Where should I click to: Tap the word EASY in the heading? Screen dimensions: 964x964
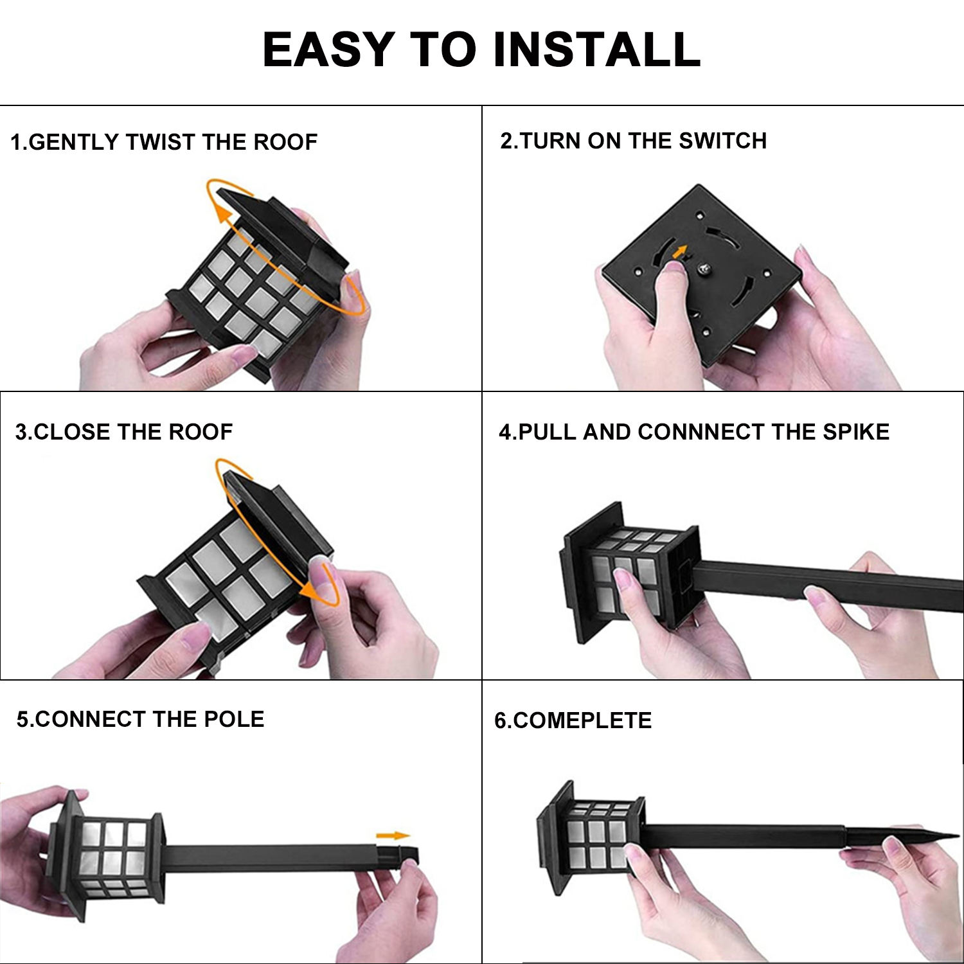tap(328, 49)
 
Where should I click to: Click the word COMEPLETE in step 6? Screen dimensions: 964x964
tap(582, 720)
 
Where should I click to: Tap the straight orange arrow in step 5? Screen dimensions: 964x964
tap(393, 835)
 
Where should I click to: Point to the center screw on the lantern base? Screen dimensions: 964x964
tap(704, 271)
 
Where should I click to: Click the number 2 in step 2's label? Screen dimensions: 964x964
tap(506, 141)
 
